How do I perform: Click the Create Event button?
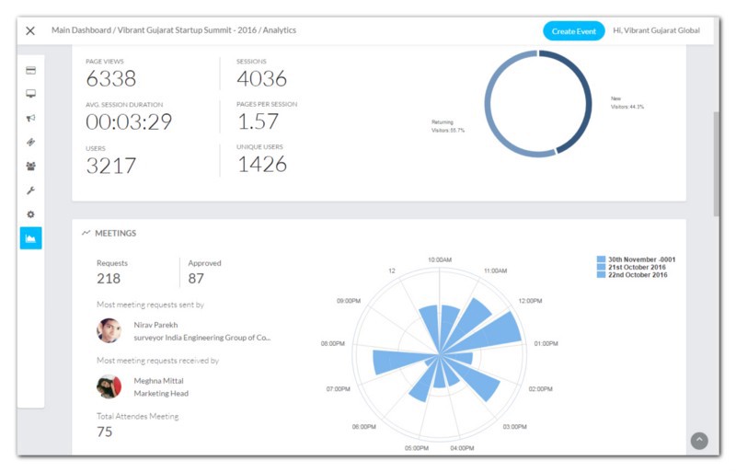(573, 30)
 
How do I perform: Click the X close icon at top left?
(30, 30)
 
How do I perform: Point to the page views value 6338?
(111, 79)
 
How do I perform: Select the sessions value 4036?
(262, 79)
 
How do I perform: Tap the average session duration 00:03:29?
(129, 122)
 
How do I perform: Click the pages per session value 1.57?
(258, 121)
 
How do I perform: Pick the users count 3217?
(111, 166)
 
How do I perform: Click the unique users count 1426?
(262, 165)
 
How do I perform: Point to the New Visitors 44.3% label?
(627, 102)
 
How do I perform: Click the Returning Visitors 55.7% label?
(448, 126)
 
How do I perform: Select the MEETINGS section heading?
(115, 234)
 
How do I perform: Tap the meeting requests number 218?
(109, 279)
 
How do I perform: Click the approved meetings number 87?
(196, 279)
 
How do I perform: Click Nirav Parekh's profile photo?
(109, 330)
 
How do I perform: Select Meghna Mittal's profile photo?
(109, 386)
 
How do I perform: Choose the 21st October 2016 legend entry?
(636, 267)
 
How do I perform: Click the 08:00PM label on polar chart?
(332, 343)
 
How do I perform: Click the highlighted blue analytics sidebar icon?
(30, 238)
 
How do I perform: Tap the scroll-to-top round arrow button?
(699, 441)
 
